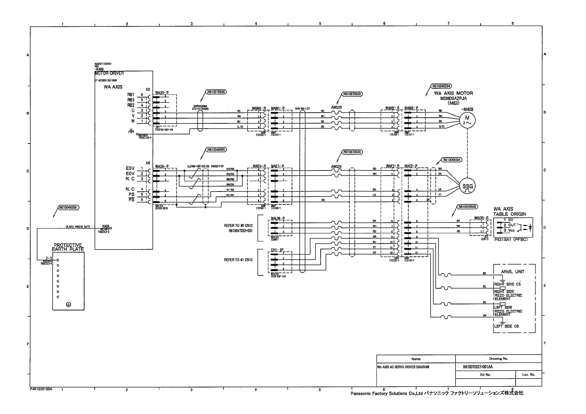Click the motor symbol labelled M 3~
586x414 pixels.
click(467, 121)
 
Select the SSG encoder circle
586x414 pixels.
click(467, 187)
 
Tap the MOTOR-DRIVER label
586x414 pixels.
click(109, 73)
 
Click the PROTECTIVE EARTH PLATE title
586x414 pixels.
click(68, 247)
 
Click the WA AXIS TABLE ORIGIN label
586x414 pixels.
click(510, 211)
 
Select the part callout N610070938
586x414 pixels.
click(216, 92)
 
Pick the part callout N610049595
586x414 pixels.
click(216, 150)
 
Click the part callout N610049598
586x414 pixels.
click(69, 207)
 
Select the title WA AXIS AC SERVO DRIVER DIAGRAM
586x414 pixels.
click(403, 367)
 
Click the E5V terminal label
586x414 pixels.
click(130, 169)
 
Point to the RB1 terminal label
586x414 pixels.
click(131, 95)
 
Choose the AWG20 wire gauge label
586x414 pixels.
click(336, 108)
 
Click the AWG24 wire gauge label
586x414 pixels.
click(336, 166)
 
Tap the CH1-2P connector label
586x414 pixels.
click(278, 250)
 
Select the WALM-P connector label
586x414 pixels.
click(278, 218)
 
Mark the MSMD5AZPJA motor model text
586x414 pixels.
click(453, 98)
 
